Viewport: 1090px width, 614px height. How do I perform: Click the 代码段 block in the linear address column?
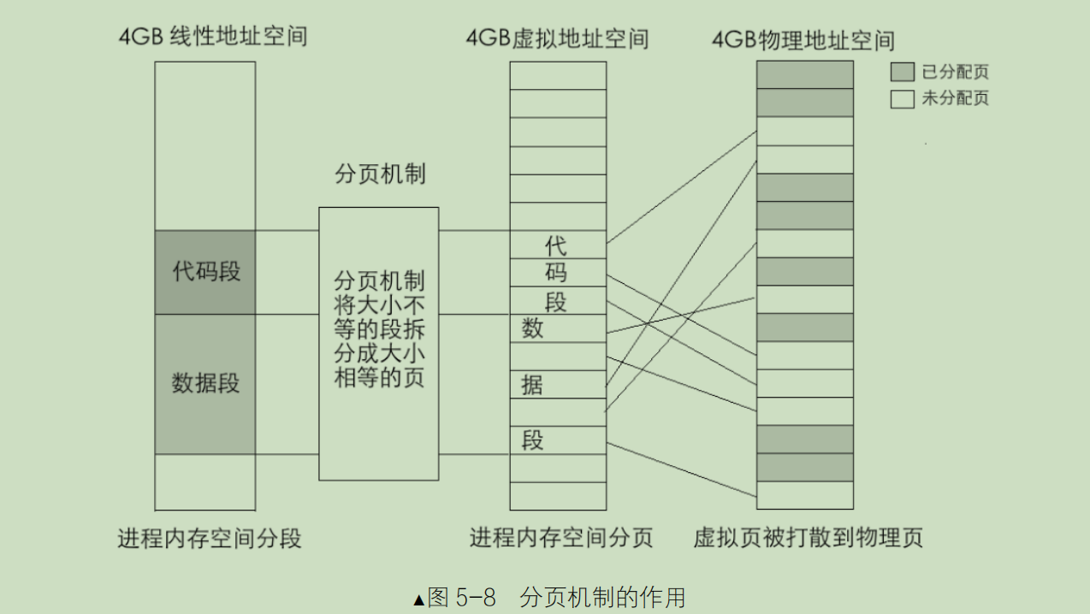click(x=205, y=272)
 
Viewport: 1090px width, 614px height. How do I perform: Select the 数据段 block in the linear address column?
click(x=205, y=384)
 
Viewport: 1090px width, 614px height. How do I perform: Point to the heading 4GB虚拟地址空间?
click(x=557, y=38)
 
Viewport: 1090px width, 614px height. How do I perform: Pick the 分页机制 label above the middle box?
click(x=380, y=174)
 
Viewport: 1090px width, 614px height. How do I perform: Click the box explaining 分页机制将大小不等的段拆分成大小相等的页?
click(x=379, y=342)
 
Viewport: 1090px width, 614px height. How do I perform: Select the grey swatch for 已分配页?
click(x=902, y=72)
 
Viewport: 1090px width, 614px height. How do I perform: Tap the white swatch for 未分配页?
click(x=902, y=99)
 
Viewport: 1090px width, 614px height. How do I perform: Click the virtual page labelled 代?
click(x=558, y=245)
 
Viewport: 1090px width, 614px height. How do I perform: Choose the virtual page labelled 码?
click(x=558, y=274)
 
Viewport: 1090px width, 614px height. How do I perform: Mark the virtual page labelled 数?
click(x=558, y=328)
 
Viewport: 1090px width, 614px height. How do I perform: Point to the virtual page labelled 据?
click(x=558, y=385)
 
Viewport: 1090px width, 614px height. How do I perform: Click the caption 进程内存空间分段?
click(x=210, y=539)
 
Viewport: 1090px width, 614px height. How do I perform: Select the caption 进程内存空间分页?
click(x=561, y=538)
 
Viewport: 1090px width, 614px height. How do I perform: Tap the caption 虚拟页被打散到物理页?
click(x=808, y=538)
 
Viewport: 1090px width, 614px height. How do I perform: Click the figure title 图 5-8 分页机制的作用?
click(x=549, y=597)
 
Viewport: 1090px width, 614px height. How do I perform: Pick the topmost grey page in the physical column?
click(x=805, y=74)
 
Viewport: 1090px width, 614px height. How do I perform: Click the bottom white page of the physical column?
click(x=805, y=495)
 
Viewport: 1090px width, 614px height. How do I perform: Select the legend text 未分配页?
click(x=955, y=99)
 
